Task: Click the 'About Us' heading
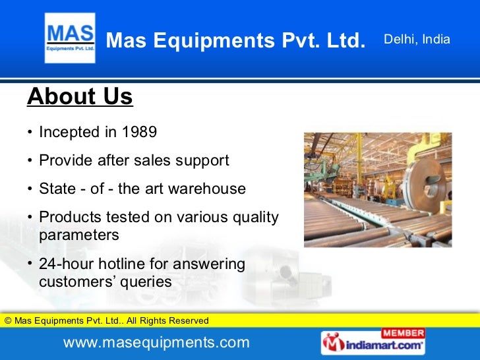coord(80,97)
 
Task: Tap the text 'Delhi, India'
coord(417,40)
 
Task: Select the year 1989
coord(139,132)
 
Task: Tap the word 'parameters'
coord(79,235)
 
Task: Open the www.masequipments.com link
coord(156,343)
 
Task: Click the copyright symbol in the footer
coord(8,321)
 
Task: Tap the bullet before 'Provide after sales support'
coord(30,161)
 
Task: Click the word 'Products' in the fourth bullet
coord(67,217)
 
